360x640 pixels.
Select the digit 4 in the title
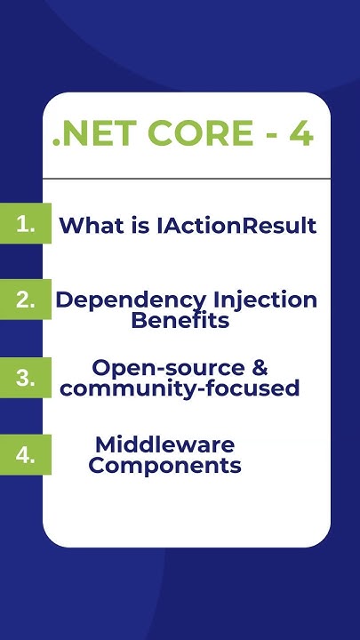pyautogui.click(x=300, y=133)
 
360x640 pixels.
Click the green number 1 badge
pyautogui.click(x=26, y=225)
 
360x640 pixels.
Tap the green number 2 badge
pyautogui.click(x=26, y=300)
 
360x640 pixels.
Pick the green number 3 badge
pyautogui.click(x=26, y=377)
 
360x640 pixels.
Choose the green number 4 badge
pyautogui.click(x=26, y=454)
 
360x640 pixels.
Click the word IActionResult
pyautogui.click(x=236, y=226)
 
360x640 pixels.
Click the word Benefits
pyautogui.click(x=180, y=320)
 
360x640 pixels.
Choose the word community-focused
pyautogui.click(x=180, y=388)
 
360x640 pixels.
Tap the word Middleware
pyautogui.click(x=164, y=444)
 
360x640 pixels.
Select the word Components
pyautogui.click(x=165, y=465)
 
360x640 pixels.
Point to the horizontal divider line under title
pyautogui.click(x=187, y=179)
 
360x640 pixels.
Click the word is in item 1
pyautogui.click(x=141, y=226)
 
